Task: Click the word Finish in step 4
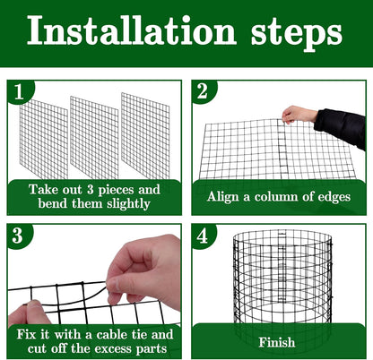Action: pos(277,342)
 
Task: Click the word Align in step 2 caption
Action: pos(224,196)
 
